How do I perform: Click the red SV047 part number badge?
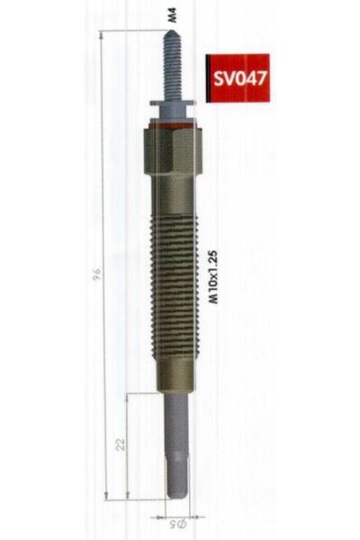point(232,76)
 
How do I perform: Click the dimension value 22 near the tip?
point(121,444)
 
